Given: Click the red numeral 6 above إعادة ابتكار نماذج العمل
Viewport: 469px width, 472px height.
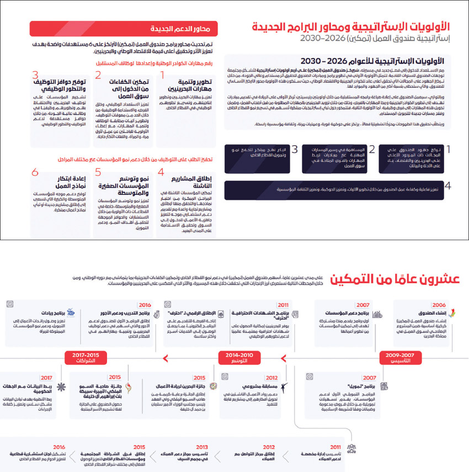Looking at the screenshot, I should coord(35,172).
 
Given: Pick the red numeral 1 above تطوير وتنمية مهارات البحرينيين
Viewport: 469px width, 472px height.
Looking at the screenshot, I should coord(162,75).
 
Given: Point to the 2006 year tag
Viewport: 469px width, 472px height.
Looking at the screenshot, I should coord(439,305).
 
